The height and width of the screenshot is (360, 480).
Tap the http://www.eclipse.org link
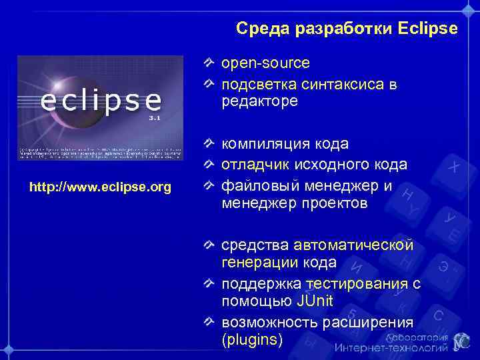pos(100,186)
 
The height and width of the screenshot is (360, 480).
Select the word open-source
pos(265,63)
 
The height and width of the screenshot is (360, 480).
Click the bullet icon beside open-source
pos(209,63)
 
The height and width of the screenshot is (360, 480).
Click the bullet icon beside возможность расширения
pos(209,323)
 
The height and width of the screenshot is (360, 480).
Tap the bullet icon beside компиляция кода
pos(209,144)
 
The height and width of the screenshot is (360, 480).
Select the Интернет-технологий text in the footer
pos(391,347)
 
